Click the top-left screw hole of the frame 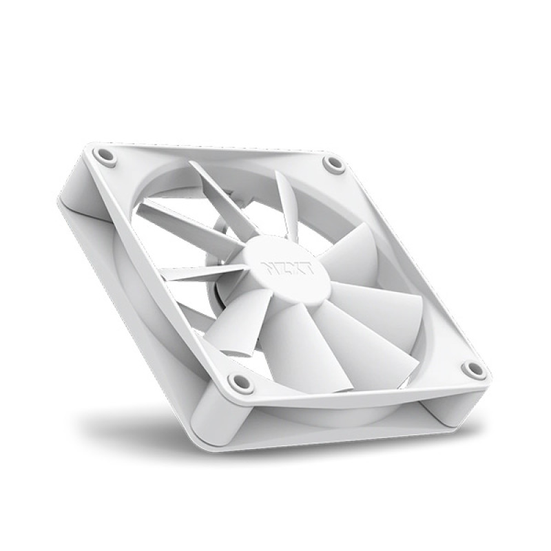tap(105, 155)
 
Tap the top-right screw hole tap(334, 164)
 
